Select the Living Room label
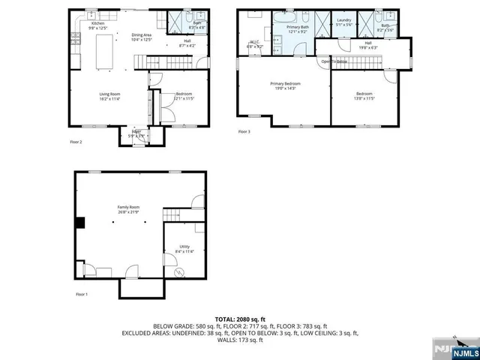pos(111,95)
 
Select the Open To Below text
pos(334,61)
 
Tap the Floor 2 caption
pos(76,142)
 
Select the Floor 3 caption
pos(244,132)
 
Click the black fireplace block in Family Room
pos(79,221)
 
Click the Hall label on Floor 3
pos(367,43)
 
